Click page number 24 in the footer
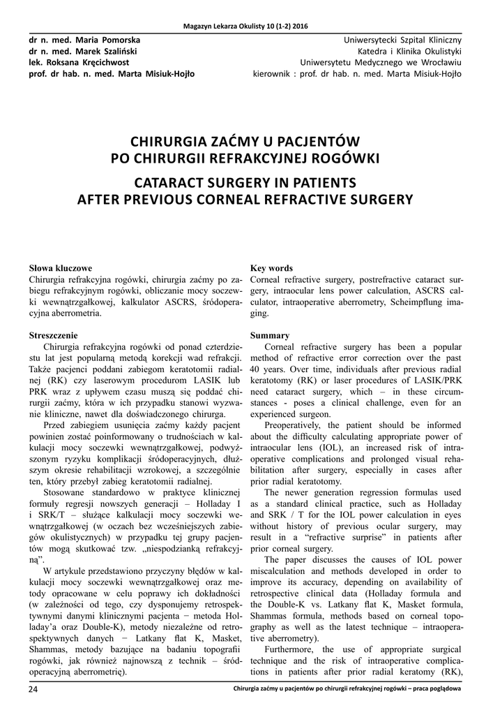pos(33,690)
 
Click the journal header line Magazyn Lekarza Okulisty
pos(246,26)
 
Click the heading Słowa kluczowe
pos(61,267)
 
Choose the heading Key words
pos(271,267)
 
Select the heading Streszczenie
pos(57,335)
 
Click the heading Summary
pos(269,335)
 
